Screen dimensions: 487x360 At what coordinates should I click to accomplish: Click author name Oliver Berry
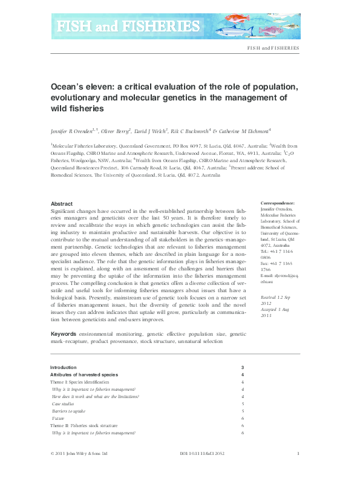click(115, 130)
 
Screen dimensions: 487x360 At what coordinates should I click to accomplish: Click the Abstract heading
click(62, 204)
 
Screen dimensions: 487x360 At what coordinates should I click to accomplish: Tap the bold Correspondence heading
click(277, 204)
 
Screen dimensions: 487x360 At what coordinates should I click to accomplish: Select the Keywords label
click(64, 334)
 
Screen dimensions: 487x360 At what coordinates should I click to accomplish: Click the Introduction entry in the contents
click(64, 367)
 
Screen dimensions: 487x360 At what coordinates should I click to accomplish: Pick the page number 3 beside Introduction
click(242, 367)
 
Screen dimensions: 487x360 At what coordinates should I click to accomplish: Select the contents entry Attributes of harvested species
click(83, 375)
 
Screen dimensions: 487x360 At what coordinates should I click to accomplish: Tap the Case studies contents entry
click(64, 404)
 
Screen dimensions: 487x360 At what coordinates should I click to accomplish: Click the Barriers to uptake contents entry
click(67, 411)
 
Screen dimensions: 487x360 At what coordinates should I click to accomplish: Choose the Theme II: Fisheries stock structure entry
click(87, 426)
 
